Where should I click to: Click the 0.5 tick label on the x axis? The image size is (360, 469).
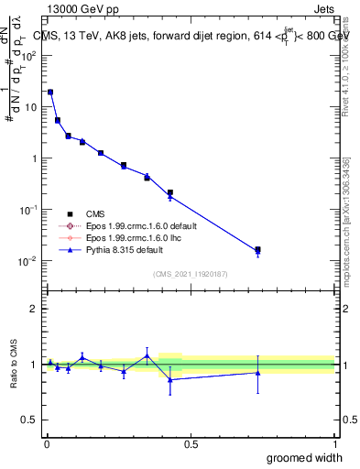point(191,442)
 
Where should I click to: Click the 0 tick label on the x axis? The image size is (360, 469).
point(45,442)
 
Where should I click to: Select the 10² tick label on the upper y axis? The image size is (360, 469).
point(30,56)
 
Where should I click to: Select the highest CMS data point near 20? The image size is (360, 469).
point(49,92)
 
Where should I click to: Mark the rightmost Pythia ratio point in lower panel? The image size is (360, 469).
point(258,373)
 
